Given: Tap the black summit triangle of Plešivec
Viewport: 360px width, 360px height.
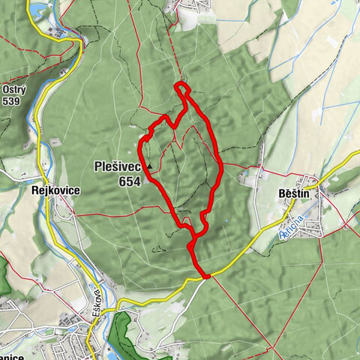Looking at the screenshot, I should (150, 166).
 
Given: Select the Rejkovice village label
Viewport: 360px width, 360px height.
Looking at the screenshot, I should (56, 190).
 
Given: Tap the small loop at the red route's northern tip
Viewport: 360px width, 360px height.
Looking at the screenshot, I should (182, 91).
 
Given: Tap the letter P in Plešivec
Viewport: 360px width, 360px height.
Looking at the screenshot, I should (98, 167).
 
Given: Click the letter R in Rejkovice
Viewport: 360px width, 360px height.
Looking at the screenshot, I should (36, 190).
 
